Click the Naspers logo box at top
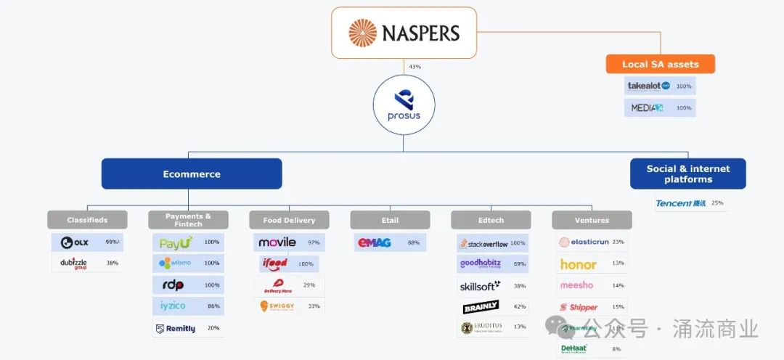(x=404, y=33)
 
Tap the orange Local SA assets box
(x=660, y=64)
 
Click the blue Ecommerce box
(x=192, y=174)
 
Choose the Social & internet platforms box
(x=687, y=174)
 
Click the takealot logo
(x=648, y=86)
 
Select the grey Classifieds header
(x=87, y=220)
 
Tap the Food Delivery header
(x=289, y=220)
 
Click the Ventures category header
(x=592, y=220)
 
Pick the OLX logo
(x=75, y=242)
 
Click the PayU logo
(x=176, y=242)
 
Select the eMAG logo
(x=375, y=242)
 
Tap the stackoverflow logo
(x=483, y=243)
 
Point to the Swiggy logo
(x=277, y=306)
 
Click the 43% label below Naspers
(x=415, y=67)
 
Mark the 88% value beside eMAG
(x=414, y=242)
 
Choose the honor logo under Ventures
(x=578, y=264)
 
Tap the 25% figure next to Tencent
(x=717, y=203)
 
